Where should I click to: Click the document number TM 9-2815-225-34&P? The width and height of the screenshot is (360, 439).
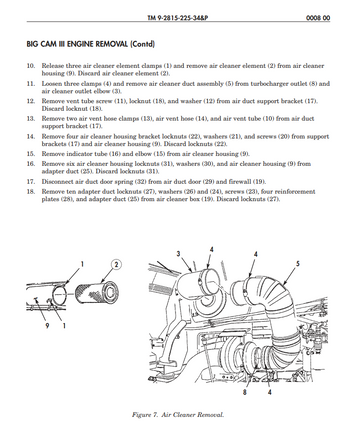pyautogui.click(x=178, y=17)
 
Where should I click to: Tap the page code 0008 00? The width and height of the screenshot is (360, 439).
pyautogui.click(x=318, y=17)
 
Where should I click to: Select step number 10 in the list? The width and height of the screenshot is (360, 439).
pyautogui.click(x=31, y=66)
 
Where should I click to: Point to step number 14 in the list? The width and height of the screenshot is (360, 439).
pyautogui.click(x=31, y=136)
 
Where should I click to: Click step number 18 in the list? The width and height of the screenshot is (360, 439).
pyautogui.click(x=31, y=192)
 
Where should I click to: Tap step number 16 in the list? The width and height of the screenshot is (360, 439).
pyautogui.click(x=31, y=164)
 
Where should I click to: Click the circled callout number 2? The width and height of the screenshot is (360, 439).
pyautogui.click(x=116, y=265)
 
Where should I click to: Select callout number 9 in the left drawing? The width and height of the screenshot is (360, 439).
pyautogui.click(x=47, y=325)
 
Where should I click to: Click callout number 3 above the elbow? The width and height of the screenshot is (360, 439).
pyautogui.click(x=179, y=254)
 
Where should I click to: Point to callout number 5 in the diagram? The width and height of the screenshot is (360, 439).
pyautogui.click(x=298, y=264)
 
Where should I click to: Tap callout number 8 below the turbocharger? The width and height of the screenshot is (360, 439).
pyautogui.click(x=245, y=392)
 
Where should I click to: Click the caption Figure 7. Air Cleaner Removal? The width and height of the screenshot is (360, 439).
pyautogui.click(x=178, y=415)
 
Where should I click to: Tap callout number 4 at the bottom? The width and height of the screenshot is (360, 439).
pyautogui.click(x=270, y=392)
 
